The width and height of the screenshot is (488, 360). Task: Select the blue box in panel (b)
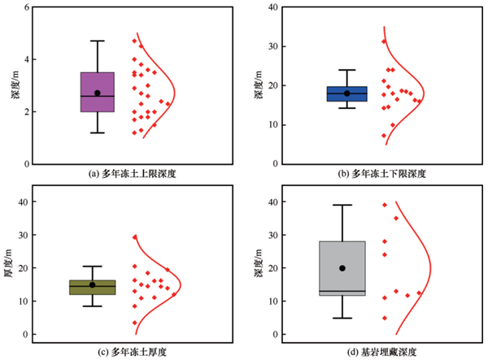click(347, 94)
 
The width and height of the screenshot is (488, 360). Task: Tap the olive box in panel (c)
click(93, 287)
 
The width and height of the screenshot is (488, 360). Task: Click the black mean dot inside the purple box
click(98, 93)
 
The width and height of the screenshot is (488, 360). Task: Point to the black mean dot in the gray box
click(342, 268)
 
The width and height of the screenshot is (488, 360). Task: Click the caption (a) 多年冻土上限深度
click(133, 173)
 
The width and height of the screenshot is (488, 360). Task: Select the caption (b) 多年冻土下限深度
click(382, 173)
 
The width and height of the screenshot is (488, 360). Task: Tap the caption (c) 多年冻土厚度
click(133, 352)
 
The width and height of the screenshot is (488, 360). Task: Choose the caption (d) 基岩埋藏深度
click(382, 352)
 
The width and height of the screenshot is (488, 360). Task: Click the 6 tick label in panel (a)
click(27, 7)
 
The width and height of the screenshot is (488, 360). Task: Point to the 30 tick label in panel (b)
click(273, 46)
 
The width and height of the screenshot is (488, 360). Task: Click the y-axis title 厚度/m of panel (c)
click(7, 263)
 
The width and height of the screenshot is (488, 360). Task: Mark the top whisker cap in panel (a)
click(98, 41)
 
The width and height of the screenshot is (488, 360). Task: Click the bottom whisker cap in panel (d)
click(342, 318)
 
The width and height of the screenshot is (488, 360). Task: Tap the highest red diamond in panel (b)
click(384, 41)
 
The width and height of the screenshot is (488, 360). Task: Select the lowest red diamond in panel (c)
click(135, 323)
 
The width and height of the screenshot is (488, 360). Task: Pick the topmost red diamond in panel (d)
click(385, 205)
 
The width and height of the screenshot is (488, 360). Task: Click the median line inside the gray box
click(342, 291)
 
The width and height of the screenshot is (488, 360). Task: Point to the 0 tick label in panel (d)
click(276, 335)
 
